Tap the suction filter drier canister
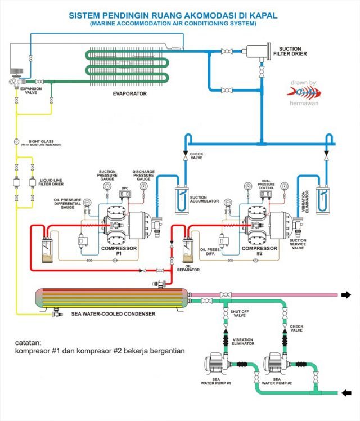pyautogui.click(x=260, y=53)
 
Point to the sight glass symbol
pyautogui.click(x=16, y=141)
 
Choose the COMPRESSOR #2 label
pyautogui.click(x=259, y=250)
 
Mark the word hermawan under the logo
pyautogui.click(x=304, y=105)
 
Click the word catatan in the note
pyautogui.click(x=30, y=341)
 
